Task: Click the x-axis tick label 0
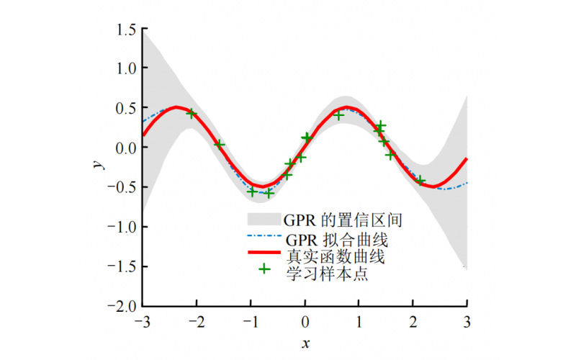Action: (x=305, y=321)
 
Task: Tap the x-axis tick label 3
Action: (x=467, y=321)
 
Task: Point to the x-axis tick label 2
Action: (x=413, y=321)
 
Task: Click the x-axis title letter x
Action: (x=305, y=343)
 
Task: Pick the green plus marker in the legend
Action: (x=264, y=269)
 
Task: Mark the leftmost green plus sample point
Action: (x=192, y=113)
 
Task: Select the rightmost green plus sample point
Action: (x=420, y=181)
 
